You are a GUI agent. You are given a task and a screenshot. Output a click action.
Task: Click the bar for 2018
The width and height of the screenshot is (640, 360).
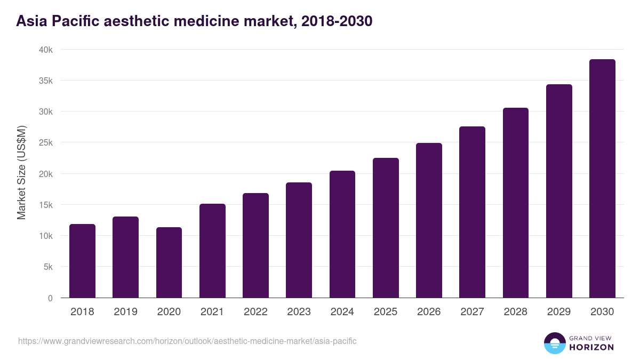[x=82, y=261]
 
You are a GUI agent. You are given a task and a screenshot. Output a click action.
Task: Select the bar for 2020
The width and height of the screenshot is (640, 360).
[x=169, y=262]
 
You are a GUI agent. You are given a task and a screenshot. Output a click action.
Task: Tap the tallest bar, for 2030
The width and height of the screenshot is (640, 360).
[x=602, y=179]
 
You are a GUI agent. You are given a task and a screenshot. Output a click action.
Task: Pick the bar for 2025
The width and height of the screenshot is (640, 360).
[x=386, y=228]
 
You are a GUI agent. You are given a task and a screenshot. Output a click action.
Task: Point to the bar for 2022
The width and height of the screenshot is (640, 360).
[x=255, y=245]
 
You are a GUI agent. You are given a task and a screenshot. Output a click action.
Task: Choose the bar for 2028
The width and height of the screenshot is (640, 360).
[x=515, y=203]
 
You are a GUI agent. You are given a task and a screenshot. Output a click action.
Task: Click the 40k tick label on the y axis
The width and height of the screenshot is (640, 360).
[x=45, y=50]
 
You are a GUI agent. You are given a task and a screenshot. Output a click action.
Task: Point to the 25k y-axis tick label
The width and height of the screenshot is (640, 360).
[x=45, y=143]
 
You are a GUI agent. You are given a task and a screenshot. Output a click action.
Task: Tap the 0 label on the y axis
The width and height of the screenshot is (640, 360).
[x=50, y=298]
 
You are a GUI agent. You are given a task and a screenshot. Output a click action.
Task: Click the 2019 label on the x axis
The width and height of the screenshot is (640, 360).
[x=125, y=312]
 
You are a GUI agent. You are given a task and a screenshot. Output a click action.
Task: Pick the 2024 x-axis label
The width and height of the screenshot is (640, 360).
[x=342, y=312]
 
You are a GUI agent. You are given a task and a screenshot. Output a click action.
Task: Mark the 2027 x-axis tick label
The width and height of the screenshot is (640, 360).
[x=472, y=312]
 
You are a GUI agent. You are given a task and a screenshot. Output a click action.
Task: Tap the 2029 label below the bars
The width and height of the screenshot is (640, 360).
[x=559, y=312]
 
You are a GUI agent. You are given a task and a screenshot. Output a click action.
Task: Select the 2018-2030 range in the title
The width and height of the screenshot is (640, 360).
[x=337, y=21]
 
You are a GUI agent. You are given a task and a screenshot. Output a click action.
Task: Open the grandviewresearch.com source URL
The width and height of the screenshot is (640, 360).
[x=187, y=341]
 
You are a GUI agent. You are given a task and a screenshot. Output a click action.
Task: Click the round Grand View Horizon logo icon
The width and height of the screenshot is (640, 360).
[x=554, y=343]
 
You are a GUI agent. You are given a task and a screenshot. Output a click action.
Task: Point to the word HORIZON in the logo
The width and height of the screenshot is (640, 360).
[x=591, y=347]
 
